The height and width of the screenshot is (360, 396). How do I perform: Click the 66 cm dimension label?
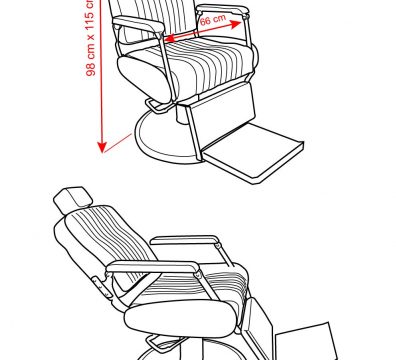tap(213, 20)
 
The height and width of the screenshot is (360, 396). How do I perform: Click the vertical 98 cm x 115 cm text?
tap(90, 38)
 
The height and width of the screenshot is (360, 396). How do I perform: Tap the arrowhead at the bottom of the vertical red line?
tap(102, 147)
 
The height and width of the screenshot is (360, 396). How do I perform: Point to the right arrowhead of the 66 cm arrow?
tap(235, 24)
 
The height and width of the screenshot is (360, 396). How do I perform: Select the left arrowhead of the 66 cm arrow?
tap(169, 38)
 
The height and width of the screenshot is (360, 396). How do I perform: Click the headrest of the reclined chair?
tap(73, 200)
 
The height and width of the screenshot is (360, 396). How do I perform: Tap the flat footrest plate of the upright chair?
tap(253, 153)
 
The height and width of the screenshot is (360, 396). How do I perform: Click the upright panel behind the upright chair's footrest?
tap(221, 112)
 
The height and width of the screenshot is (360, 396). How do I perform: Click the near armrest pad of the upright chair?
tap(139, 24)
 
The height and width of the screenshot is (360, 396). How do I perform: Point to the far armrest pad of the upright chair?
tap(223, 9)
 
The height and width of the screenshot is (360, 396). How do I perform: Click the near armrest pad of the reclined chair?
tap(154, 267)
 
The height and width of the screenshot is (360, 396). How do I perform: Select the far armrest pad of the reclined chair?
tap(185, 240)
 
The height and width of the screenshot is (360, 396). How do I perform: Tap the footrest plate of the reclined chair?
tap(305, 342)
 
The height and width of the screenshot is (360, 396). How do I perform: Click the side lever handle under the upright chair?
tap(159, 105)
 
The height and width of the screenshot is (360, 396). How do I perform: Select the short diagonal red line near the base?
tap(118, 143)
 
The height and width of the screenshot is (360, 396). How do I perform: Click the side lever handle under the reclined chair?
tap(163, 342)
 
